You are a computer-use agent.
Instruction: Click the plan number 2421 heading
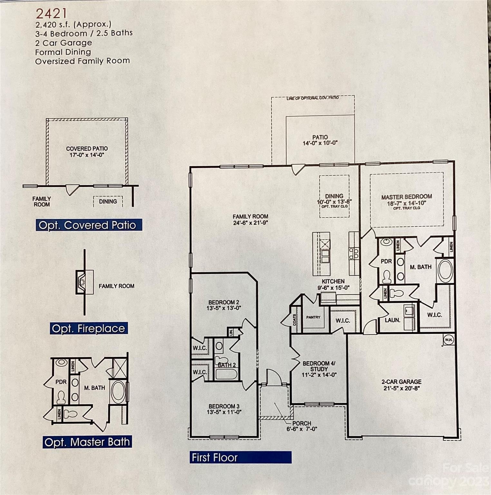(51, 14)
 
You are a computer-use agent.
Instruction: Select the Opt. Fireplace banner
(89, 328)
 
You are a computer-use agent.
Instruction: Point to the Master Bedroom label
(407, 197)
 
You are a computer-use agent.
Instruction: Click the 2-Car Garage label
(401, 382)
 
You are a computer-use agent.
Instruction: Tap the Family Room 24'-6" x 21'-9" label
(250, 219)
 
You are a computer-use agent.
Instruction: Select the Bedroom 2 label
(224, 302)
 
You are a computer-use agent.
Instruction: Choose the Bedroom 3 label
(224, 406)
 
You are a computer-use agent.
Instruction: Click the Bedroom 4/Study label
(319, 366)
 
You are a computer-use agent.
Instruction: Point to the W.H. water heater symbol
(448, 340)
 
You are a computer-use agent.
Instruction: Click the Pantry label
(313, 317)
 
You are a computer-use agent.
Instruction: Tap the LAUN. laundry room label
(392, 320)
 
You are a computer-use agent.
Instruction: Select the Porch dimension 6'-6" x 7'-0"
(302, 429)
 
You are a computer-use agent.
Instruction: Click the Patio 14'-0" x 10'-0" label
(320, 140)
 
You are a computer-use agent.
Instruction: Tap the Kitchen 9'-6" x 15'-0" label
(333, 284)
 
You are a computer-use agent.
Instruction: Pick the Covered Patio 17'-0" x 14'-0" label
(87, 152)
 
